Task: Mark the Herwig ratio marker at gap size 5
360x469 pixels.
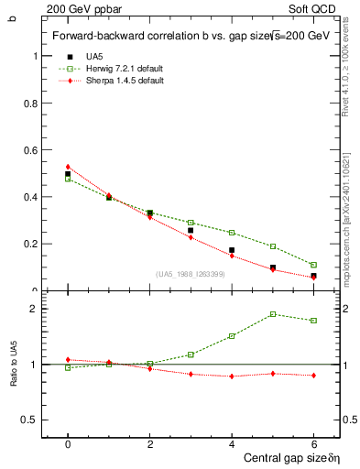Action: (x=273, y=314)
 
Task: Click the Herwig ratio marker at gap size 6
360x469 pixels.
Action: (x=313, y=321)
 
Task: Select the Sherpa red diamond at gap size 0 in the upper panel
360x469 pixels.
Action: (x=68, y=167)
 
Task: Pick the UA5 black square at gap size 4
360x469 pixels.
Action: (x=232, y=250)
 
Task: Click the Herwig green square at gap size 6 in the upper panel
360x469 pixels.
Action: (x=313, y=265)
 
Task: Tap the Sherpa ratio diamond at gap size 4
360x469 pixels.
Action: (x=232, y=376)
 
